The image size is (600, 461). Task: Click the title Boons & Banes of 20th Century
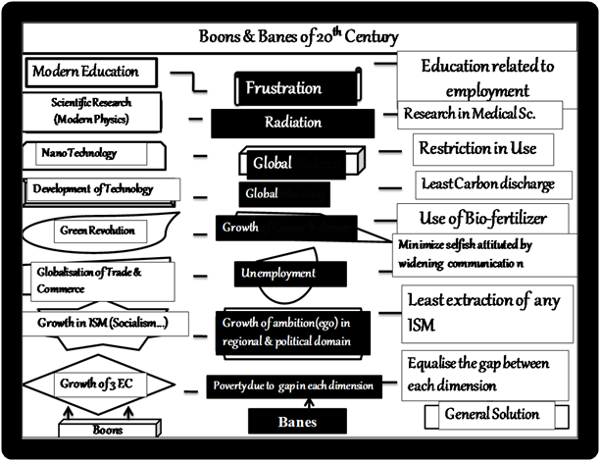[x=300, y=38]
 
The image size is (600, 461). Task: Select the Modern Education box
[x=86, y=72]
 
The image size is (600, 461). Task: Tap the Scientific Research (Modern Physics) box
[x=90, y=111]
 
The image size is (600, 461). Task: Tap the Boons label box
[x=108, y=429]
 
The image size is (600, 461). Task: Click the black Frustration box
[x=284, y=88]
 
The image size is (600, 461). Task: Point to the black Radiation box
[x=292, y=123]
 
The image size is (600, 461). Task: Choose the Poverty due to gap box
[x=293, y=385]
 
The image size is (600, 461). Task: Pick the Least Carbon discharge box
[x=488, y=183]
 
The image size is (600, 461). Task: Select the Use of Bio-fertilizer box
[x=484, y=217]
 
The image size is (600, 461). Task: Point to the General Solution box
[x=491, y=414]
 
